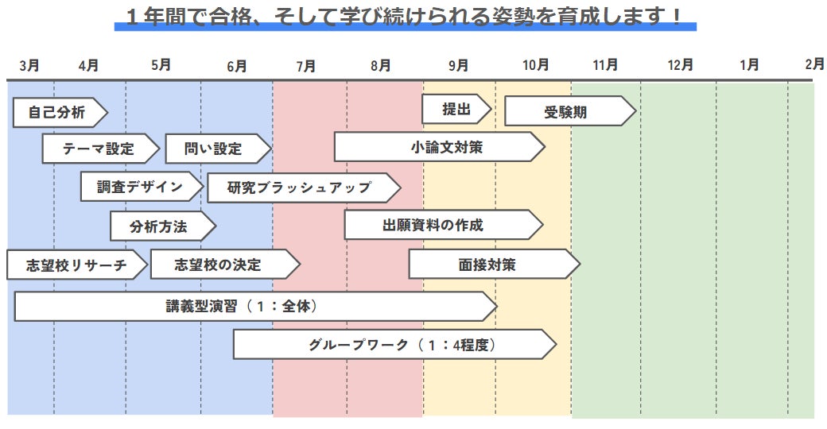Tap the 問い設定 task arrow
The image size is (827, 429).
[215, 149]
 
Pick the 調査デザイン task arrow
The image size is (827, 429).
[140, 187]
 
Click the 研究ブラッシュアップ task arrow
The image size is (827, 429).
[301, 187]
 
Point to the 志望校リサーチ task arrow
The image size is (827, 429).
[76, 265]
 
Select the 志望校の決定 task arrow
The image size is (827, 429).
[222, 265]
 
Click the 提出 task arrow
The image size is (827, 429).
[456, 109]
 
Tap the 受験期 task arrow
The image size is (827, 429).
[567, 112]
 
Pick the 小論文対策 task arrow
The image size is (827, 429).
[437, 147]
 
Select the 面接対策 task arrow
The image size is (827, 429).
[491, 265]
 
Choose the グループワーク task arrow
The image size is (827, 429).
[393, 345]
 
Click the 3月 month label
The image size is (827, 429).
[29, 65]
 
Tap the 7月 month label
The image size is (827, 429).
[305, 66]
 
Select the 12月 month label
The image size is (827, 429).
[681, 65]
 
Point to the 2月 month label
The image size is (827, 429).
[814, 64]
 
